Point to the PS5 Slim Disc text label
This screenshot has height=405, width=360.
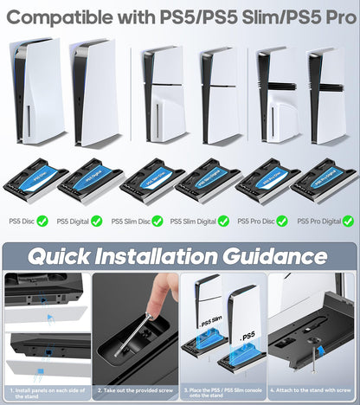[x=130, y=222]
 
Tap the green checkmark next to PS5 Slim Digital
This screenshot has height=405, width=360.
[x=223, y=221]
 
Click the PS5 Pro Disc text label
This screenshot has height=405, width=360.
[x=255, y=222]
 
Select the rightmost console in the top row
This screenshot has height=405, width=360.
[x=326, y=93]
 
